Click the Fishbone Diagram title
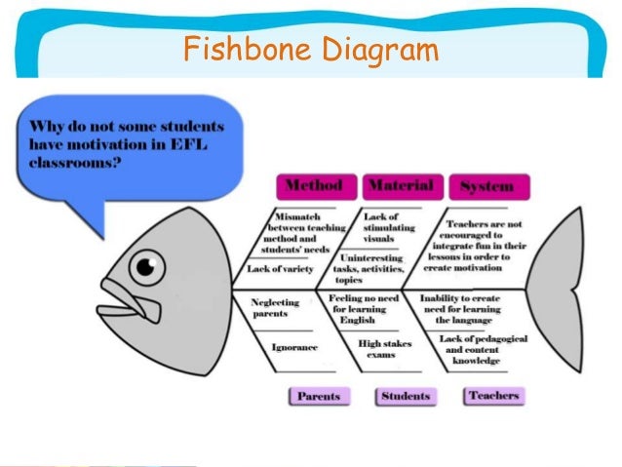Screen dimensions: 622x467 point(310,48)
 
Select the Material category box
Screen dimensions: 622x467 point(402,185)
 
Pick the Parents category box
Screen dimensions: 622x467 point(320,396)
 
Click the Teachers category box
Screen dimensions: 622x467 point(493,396)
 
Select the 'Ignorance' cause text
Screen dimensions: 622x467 point(295,347)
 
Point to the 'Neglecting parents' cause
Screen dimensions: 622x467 point(275,308)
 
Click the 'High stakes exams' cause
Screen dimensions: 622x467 point(382,349)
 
